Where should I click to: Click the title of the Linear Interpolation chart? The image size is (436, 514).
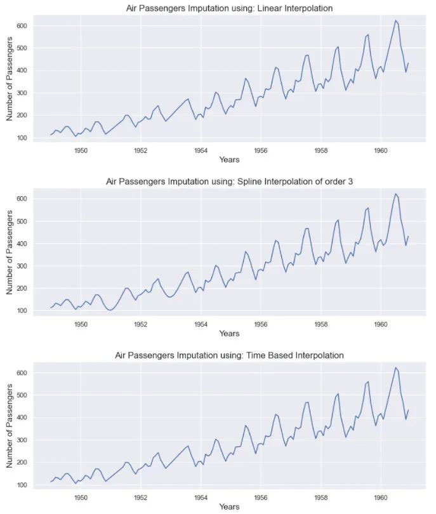(229, 8)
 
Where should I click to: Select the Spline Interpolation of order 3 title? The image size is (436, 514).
(229, 181)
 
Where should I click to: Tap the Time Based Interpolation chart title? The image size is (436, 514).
(229, 355)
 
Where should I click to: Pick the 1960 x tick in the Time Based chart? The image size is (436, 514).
(381, 498)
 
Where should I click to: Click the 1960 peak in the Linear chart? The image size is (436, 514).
(395, 20)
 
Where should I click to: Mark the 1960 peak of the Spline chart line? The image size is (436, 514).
(395, 194)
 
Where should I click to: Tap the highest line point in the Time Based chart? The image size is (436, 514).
(395, 367)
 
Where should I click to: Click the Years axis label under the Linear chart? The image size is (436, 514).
(229, 160)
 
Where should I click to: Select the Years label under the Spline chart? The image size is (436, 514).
(229, 334)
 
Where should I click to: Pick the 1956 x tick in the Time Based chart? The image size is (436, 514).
(261, 498)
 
